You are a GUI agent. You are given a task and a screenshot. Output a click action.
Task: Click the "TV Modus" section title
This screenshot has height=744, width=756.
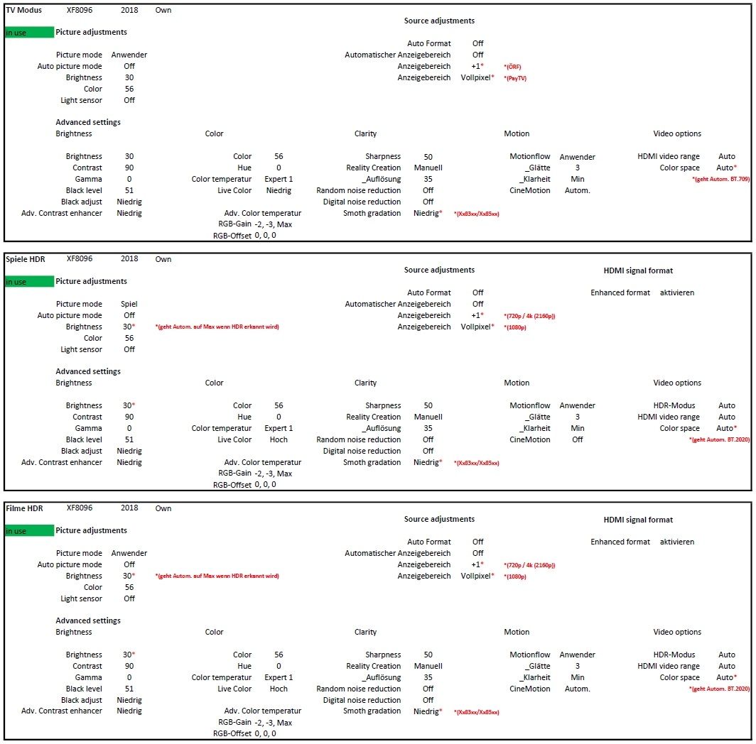click(x=23, y=11)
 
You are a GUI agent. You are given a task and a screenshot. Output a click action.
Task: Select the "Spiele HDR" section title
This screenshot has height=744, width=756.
click(x=25, y=259)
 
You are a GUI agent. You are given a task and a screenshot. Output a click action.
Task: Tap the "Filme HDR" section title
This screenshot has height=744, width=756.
click(x=24, y=508)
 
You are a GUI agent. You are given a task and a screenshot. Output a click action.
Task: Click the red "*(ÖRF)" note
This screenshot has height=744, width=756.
click(x=512, y=67)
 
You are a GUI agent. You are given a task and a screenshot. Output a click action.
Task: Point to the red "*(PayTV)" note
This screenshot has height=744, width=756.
click(x=515, y=78)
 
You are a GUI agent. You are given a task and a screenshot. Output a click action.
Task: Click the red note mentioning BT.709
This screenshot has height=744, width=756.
click(x=720, y=180)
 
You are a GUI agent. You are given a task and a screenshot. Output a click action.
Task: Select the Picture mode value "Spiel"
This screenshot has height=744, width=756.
click(x=129, y=304)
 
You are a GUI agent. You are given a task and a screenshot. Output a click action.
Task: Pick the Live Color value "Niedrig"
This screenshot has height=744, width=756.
click(x=279, y=190)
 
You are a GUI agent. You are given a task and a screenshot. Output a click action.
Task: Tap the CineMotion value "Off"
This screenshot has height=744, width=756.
click(x=577, y=439)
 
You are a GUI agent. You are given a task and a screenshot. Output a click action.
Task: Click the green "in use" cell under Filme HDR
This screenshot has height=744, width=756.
click(x=28, y=531)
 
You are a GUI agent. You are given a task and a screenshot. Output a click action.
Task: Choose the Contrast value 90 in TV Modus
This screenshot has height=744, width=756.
click(x=129, y=168)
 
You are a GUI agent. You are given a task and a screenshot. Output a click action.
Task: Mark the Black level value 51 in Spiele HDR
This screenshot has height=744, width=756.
click(x=129, y=439)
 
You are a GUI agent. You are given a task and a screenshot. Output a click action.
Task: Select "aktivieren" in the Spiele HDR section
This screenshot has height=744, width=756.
click(x=677, y=292)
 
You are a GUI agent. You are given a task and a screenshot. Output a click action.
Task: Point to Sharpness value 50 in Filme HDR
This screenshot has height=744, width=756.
click(x=428, y=655)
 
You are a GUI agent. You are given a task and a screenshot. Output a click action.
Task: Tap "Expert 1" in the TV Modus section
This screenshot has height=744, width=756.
click(x=279, y=179)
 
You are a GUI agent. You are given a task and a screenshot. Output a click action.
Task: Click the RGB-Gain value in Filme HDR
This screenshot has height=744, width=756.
click(x=273, y=723)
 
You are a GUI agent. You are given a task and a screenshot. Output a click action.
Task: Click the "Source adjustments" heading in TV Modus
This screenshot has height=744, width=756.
click(x=439, y=21)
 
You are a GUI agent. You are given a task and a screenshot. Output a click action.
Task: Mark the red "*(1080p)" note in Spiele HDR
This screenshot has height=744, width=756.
click(x=515, y=327)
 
